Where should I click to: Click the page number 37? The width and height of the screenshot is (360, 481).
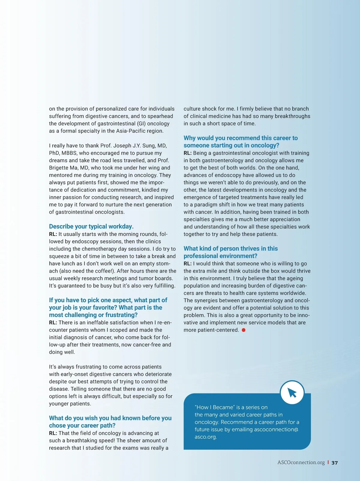tap(334, 463)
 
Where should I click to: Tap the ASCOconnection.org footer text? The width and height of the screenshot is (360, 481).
tap(301, 462)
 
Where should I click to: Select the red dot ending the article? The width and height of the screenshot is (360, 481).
tap(244, 330)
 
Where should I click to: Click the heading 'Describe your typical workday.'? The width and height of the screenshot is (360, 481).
tap(91, 226)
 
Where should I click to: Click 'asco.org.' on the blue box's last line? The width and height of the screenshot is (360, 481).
tap(205, 437)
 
